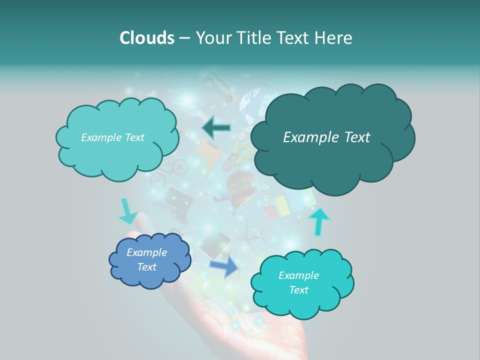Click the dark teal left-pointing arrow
point(216,128)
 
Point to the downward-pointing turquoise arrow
point(127,211)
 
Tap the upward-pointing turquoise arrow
point(318,221)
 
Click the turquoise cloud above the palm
point(301,283)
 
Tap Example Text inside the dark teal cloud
point(326,137)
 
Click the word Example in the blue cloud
point(146,253)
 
